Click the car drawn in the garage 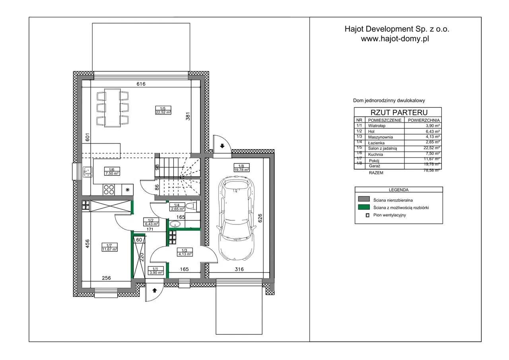[236, 218]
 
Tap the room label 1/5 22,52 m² [163, 110]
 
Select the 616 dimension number [141, 84]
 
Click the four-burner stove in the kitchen [109, 189]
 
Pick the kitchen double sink [87, 172]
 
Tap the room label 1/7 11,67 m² [109, 247]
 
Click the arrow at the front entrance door [155, 290]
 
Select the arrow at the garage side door [222, 146]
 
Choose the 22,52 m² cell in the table [431, 148]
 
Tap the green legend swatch [364, 207]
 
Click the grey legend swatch [364, 199]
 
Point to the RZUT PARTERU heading [399, 112]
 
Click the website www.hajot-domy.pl [395, 39]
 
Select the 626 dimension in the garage [260, 218]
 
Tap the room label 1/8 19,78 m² [241, 168]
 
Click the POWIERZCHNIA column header [424, 120]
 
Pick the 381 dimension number [188, 116]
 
